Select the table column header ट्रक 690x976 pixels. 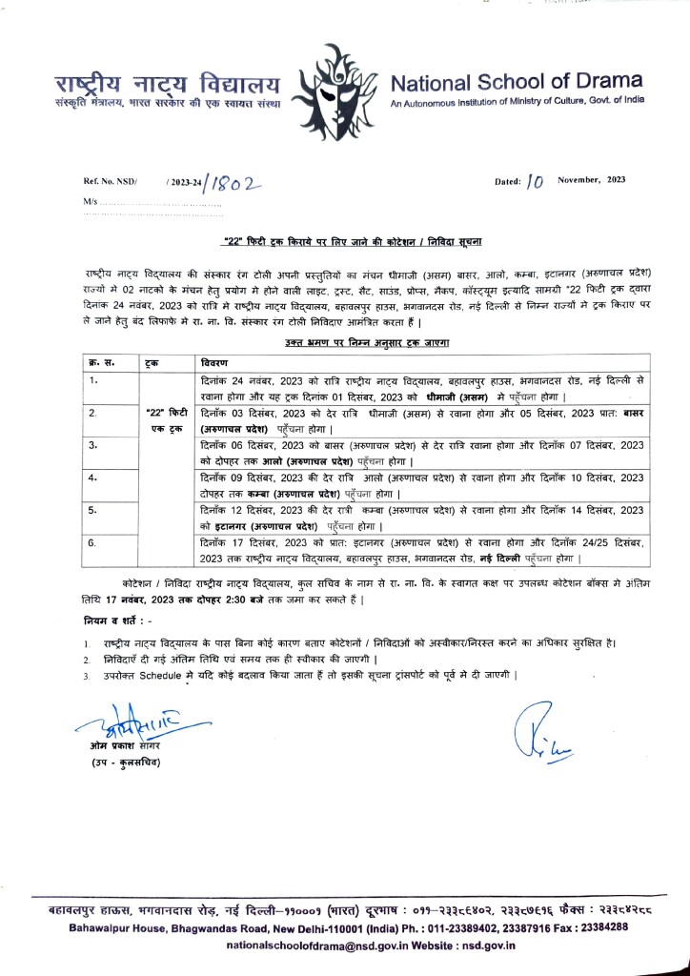(152, 363)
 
